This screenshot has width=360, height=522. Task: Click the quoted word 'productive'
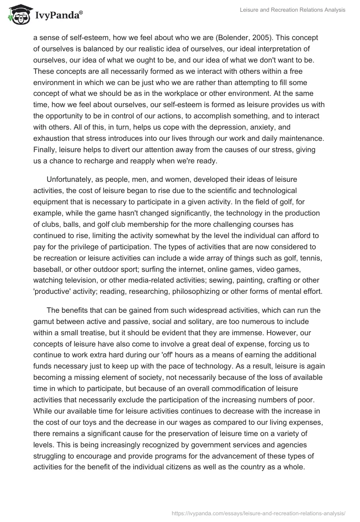point(54,291)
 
